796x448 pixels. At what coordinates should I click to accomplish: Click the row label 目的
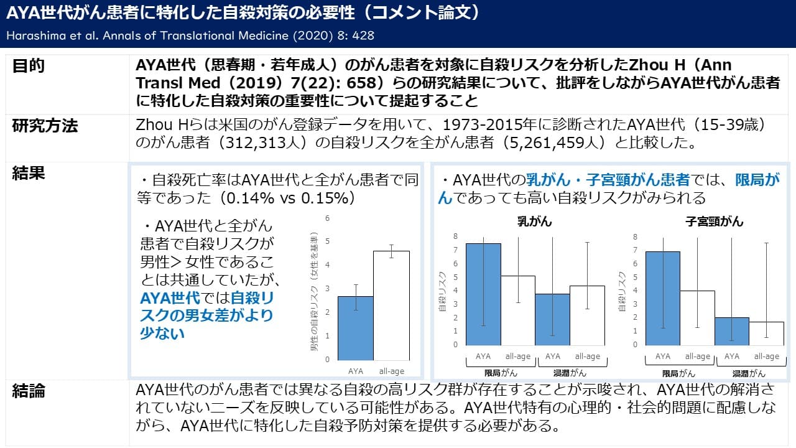(x=29, y=67)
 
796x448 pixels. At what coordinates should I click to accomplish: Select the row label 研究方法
(x=45, y=126)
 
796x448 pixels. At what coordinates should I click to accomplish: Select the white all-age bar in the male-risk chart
(x=391, y=305)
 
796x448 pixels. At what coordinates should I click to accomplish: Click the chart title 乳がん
(x=534, y=222)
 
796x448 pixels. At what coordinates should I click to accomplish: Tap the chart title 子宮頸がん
(x=714, y=222)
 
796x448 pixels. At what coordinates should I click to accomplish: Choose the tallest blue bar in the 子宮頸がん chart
(x=663, y=298)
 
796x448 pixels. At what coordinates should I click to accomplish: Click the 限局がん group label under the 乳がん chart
(x=501, y=373)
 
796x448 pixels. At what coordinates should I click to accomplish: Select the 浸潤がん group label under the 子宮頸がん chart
(x=749, y=374)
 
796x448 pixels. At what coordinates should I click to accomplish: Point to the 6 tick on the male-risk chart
(x=328, y=218)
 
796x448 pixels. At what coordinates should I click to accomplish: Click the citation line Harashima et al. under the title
(x=190, y=35)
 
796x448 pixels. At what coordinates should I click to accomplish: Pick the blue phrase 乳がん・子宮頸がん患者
(x=608, y=180)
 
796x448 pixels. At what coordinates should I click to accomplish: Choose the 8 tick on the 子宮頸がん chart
(x=635, y=237)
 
